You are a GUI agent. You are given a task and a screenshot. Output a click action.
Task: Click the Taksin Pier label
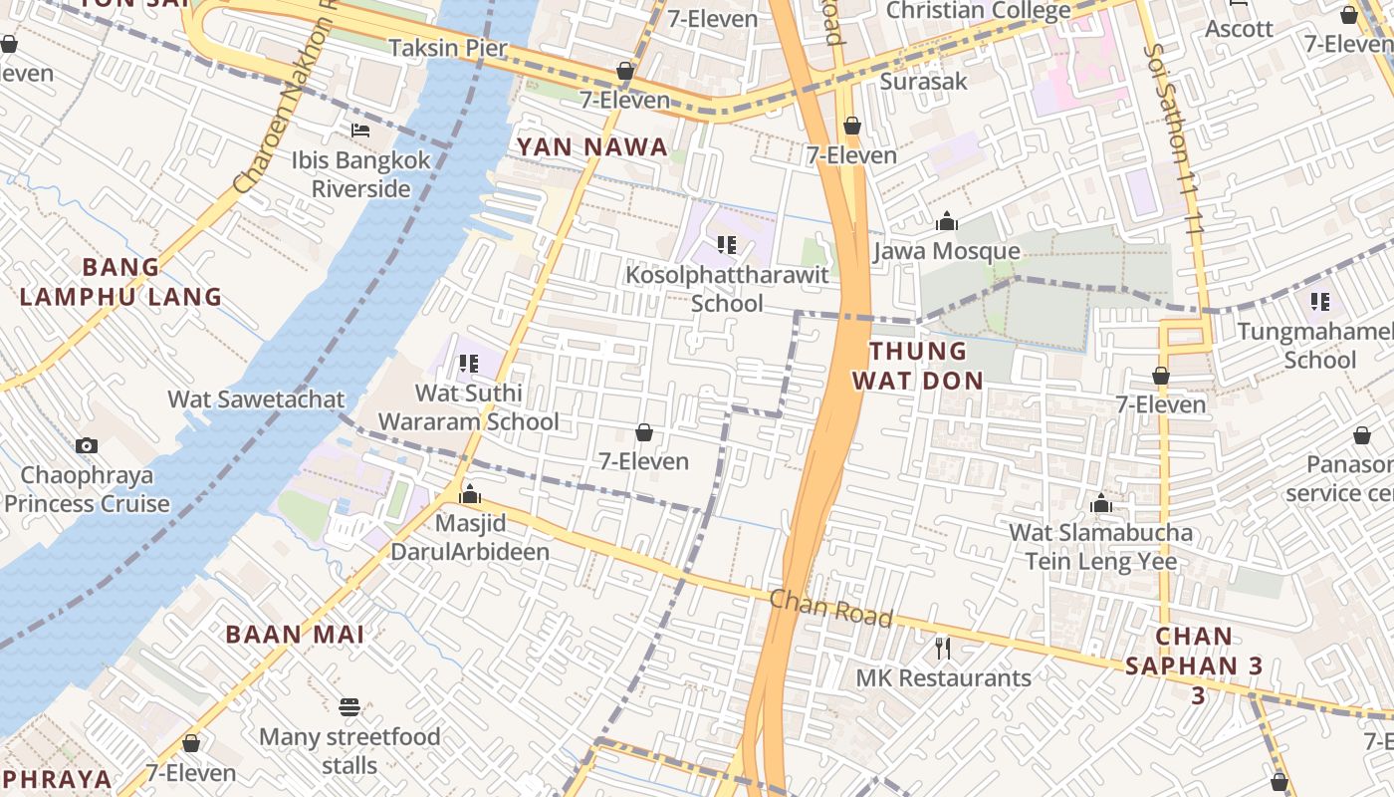[x=448, y=48]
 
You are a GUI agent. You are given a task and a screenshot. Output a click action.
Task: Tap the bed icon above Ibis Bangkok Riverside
[x=360, y=130]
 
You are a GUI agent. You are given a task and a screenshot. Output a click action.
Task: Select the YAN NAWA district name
[x=591, y=147]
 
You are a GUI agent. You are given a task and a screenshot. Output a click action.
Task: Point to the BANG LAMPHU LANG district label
[x=120, y=282]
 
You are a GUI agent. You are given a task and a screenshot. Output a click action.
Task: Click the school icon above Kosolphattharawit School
[x=726, y=244]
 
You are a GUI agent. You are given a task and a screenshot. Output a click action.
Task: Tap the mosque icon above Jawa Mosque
[x=946, y=221]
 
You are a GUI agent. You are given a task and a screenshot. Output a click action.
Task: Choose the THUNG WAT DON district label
[x=925, y=366]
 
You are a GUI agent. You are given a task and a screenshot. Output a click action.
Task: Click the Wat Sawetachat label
[x=256, y=399]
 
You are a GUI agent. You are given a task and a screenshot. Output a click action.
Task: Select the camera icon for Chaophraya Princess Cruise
[x=87, y=445]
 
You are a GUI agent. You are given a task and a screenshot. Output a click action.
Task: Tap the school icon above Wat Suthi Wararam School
[x=468, y=364]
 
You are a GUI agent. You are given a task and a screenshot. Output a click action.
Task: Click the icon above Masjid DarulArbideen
[x=469, y=494]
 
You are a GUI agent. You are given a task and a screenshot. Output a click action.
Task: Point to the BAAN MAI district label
[x=295, y=635]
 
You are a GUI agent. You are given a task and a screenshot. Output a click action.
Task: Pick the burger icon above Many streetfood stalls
[x=348, y=707]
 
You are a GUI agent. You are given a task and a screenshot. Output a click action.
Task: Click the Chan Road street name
[x=831, y=608]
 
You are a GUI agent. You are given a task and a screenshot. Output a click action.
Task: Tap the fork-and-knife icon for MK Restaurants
[x=943, y=650]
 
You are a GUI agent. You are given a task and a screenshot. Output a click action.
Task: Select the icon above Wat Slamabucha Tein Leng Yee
[x=1100, y=503]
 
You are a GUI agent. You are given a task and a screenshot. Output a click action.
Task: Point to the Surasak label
[x=923, y=81]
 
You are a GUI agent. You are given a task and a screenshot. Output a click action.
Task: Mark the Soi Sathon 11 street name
[x=1175, y=139]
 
